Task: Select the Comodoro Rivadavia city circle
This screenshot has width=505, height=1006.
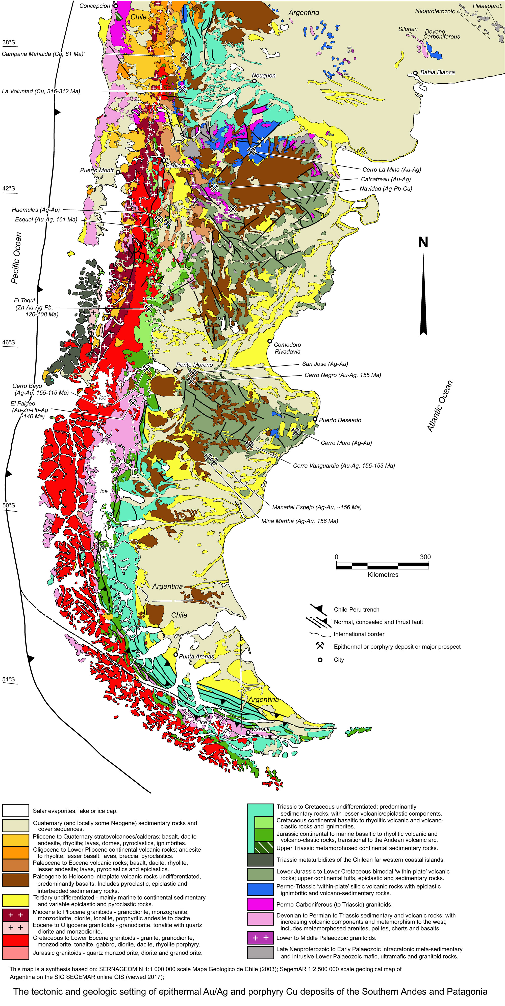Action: [269, 341]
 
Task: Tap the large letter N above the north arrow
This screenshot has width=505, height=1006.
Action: [423, 243]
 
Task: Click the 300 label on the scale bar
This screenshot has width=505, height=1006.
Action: [425, 557]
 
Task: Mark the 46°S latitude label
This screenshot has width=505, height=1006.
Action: [9, 342]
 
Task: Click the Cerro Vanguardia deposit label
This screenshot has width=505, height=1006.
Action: [344, 466]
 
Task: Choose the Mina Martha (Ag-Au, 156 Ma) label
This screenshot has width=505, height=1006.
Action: [299, 521]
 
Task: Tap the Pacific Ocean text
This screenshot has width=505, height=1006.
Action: [16, 258]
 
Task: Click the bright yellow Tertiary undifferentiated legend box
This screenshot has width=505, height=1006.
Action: [16, 901]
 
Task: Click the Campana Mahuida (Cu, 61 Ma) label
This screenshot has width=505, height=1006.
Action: [43, 54]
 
